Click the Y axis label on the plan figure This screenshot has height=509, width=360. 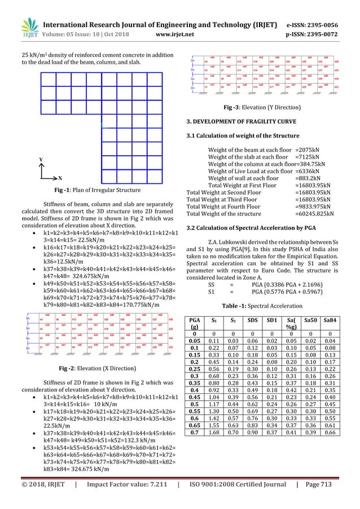(x=40, y=160)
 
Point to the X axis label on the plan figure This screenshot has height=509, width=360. (x=60, y=177)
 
